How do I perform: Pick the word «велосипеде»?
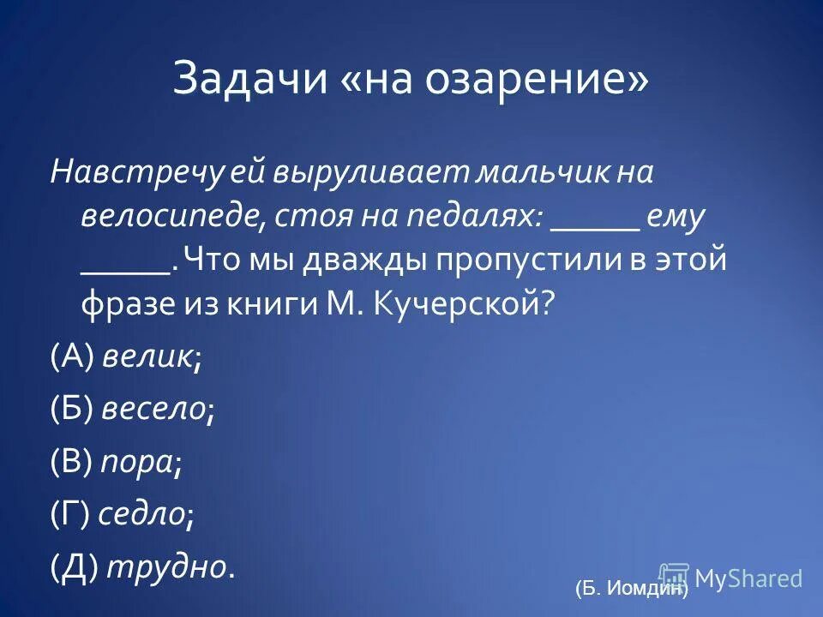[171, 218]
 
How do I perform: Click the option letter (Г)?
[70, 514]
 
